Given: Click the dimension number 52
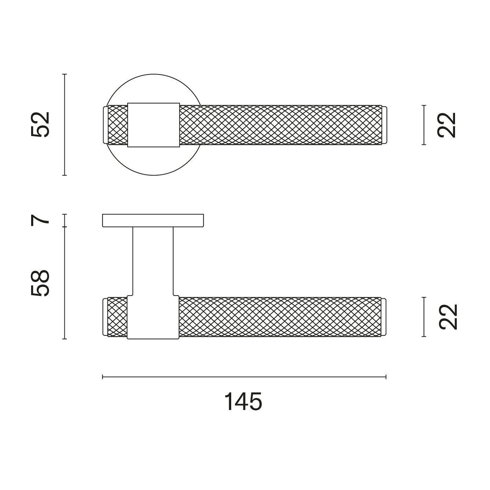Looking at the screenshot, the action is (x=40, y=125).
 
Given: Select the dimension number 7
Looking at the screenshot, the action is (x=40, y=220).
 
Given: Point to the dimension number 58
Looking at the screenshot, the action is (x=40, y=283).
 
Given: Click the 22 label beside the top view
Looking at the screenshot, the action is (x=447, y=125).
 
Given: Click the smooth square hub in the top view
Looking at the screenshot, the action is (x=153, y=125).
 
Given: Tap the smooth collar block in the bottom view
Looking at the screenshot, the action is (x=153, y=317).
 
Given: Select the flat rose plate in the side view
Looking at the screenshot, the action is (x=153, y=220).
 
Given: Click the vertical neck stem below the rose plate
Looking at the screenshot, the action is (x=153, y=261).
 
